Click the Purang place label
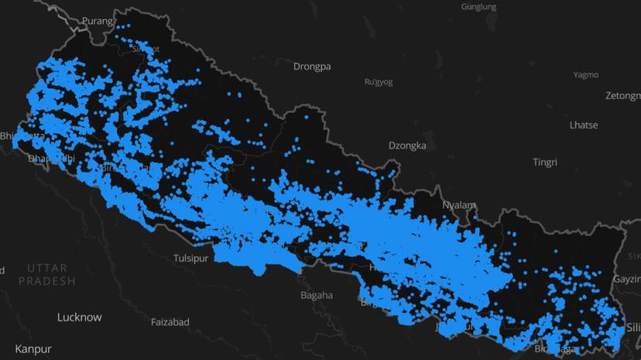point(98,21)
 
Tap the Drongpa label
point(312,67)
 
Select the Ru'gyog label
point(379,81)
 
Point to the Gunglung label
point(478,7)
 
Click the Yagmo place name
point(586,75)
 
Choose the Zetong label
point(622,96)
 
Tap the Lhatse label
point(583,125)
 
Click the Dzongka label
point(408,146)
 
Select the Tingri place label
point(545,163)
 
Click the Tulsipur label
point(191,259)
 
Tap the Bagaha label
point(317,295)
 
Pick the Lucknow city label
point(79,317)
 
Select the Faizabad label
point(170,322)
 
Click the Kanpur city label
point(33,349)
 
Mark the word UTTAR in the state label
point(48,267)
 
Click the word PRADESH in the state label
point(48,281)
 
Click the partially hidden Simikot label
point(146,49)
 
